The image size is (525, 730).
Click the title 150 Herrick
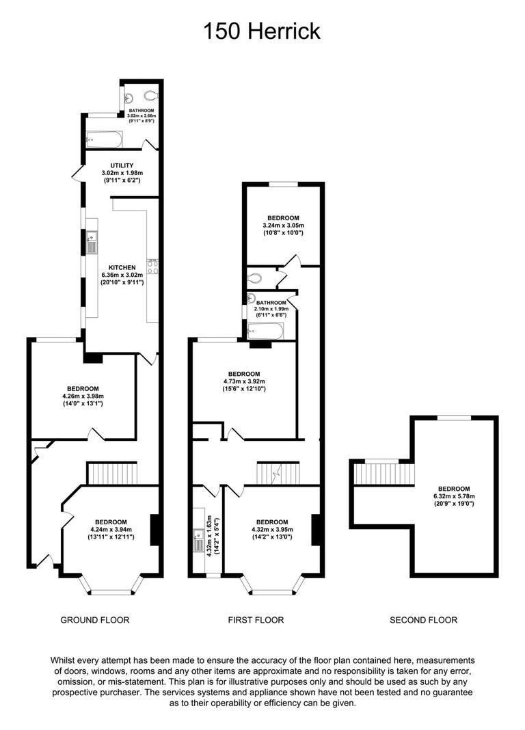262,31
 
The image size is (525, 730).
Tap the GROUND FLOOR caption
95,620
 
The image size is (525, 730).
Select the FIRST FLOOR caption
256,620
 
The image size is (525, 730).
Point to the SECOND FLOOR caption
423,620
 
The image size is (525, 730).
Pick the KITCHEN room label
122,267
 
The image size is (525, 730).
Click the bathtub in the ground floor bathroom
105,140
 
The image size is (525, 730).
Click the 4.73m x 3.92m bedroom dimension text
244,381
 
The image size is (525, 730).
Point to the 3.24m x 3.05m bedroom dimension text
283,226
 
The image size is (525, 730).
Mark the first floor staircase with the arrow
278,473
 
